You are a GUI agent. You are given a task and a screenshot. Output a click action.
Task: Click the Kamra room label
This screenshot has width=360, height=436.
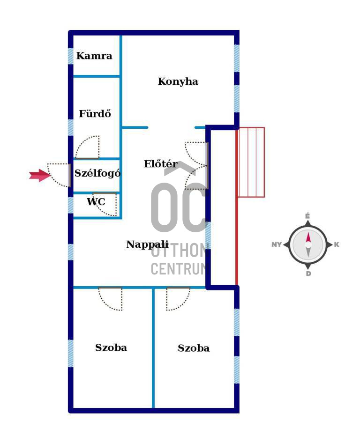(94, 56)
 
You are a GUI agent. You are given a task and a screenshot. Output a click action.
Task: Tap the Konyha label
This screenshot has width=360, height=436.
(178, 81)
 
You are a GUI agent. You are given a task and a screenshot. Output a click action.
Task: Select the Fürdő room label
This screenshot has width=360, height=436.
(95, 113)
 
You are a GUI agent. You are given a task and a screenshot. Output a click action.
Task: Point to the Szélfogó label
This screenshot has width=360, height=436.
(97, 173)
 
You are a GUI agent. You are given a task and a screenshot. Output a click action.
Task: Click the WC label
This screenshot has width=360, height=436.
(96, 201)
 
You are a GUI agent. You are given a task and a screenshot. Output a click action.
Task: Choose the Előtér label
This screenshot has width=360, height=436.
(161, 164)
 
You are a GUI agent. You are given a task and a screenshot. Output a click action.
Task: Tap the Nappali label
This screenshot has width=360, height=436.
(147, 244)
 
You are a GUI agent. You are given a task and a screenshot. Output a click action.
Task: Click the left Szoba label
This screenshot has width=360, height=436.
(111, 347)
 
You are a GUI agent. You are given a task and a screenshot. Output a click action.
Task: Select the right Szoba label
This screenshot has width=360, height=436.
(194, 348)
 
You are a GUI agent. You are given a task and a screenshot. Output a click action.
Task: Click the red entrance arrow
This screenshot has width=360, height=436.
(40, 176)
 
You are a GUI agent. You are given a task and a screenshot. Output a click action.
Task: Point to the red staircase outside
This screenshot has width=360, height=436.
(251, 163)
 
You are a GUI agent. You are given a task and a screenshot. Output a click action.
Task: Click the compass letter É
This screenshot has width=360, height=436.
(307, 216)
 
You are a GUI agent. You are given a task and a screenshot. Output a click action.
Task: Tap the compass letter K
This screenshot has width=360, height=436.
(337, 244)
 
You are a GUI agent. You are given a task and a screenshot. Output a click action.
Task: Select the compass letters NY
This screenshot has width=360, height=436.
(277, 244)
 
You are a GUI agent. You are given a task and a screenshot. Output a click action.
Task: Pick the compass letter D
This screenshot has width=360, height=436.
(308, 273)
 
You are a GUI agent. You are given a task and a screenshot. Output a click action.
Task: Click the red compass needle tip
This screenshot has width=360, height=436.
(308, 232)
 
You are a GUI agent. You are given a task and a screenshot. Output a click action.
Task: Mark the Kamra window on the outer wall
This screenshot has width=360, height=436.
(71, 56)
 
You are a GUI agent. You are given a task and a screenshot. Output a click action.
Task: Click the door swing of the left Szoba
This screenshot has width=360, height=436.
(110, 299)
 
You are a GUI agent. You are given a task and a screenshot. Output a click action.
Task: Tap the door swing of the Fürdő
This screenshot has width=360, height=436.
(88, 148)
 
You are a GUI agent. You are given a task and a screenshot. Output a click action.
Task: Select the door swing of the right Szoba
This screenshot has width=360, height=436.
(178, 299)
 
